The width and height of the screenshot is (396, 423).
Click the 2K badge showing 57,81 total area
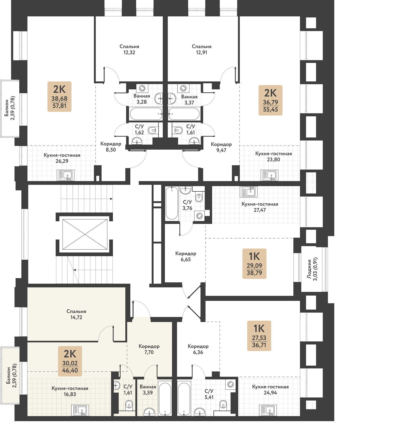pyautogui.click(x=59, y=97)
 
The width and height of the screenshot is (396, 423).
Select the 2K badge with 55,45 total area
pyautogui.click(x=270, y=100)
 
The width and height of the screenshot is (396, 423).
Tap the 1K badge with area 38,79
pyautogui.click(x=254, y=264)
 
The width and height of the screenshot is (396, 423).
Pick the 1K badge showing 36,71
pyautogui.click(x=259, y=336)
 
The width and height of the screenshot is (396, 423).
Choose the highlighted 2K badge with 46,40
pyautogui.click(x=70, y=361)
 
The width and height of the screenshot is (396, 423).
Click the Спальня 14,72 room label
pyautogui.click(x=76, y=314)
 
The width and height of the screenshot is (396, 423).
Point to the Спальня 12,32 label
pyautogui.click(x=129, y=49)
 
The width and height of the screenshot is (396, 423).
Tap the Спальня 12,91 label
pyautogui.click(x=202, y=49)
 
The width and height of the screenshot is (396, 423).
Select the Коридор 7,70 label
pyautogui.click(x=149, y=349)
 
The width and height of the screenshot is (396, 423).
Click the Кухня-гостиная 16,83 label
pyautogui.click(x=70, y=391)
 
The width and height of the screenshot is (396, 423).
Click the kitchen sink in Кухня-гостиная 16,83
pyautogui.click(x=80, y=410)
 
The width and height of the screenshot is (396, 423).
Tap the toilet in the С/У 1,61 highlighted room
pyautogui.click(x=129, y=404)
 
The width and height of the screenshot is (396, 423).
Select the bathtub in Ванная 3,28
pyautogui.click(x=146, y=114)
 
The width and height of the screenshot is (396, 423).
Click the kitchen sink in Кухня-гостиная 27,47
pyautogui.click(x=249, y=192)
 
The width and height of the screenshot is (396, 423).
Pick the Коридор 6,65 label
pyautogui.click(x=186, y=256)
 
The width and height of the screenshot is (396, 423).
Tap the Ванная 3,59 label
pyautogui.click(x=148, y=390)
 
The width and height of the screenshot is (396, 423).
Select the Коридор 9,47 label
pyautogui.click(x=221, y=147)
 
